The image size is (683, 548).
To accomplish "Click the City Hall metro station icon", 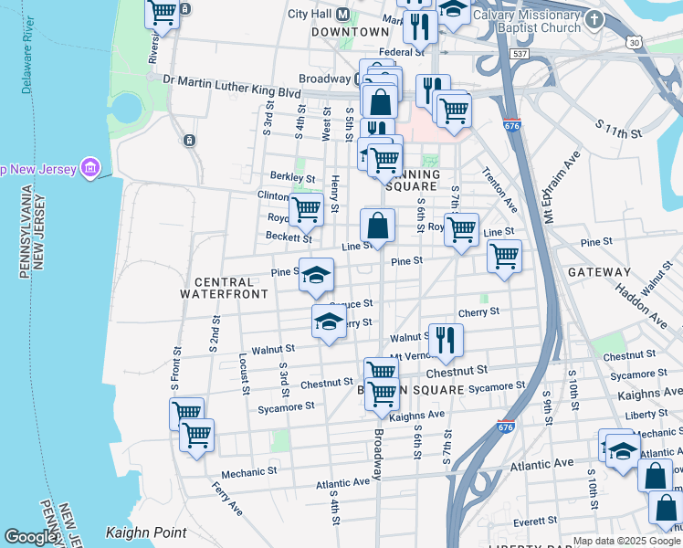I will pos(344,15).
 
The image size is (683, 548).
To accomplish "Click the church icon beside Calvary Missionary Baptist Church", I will pos(594,18).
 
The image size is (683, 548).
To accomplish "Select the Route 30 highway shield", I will pos(634,42).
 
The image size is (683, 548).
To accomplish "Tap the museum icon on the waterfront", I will pos(90,168).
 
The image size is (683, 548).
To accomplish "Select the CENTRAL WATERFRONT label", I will pos(224,288).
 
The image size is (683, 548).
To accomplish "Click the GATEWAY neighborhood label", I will pos(599,272).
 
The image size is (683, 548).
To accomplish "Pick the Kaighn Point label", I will pos(146,532).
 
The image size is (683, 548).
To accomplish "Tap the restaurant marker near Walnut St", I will pos(446,339).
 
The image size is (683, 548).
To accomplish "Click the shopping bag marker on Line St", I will pos(378,225).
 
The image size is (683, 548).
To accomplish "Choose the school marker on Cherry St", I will pos(329,321).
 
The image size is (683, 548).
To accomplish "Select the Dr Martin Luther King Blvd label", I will pos(232,79).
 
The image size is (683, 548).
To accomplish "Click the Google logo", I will pos(33,536).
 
